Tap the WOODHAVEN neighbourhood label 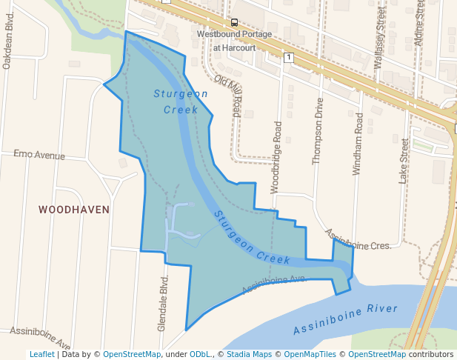[74, 210]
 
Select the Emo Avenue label [39, 156]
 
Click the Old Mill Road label [228, 96]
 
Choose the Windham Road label [358, 144]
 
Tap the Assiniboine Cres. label [358, 239]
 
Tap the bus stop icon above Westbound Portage [235, 22]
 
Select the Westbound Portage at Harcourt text [235, 41]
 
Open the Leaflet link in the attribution [41, 354]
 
